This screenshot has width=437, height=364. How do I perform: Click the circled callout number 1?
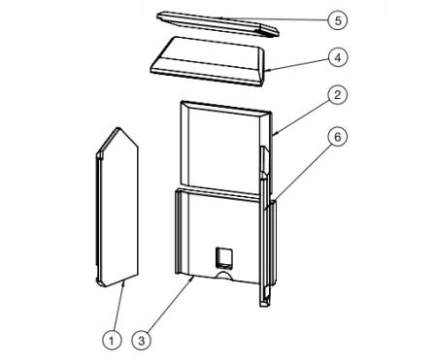tap(112, 340)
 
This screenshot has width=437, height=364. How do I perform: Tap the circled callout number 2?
tap(338, 95)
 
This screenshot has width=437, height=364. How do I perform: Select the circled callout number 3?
tap(141, 340)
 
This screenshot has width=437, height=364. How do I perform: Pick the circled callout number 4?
tap(338, 57)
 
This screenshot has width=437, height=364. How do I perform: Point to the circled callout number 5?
tap(338, 20)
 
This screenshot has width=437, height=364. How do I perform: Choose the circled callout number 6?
tap(338, 137)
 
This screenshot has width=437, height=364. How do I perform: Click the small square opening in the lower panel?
tap(224, 258)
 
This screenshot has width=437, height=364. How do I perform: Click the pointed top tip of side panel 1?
tap(118, 127)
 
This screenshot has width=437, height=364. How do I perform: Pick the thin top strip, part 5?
tap(218, 23)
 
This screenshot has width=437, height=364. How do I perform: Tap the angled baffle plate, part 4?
tap(208, 61)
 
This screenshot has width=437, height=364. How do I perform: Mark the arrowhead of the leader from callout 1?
tap(123, 282)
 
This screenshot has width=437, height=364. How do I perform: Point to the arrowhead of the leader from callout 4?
tap(267, 70)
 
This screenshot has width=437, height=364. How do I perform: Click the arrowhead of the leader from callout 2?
tap(275, 133)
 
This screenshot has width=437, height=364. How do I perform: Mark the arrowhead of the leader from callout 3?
tap(193, 279)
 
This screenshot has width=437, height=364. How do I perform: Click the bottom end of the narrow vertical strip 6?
tap(264, 304)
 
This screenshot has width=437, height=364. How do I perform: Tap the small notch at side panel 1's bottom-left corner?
tap(99, 281)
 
